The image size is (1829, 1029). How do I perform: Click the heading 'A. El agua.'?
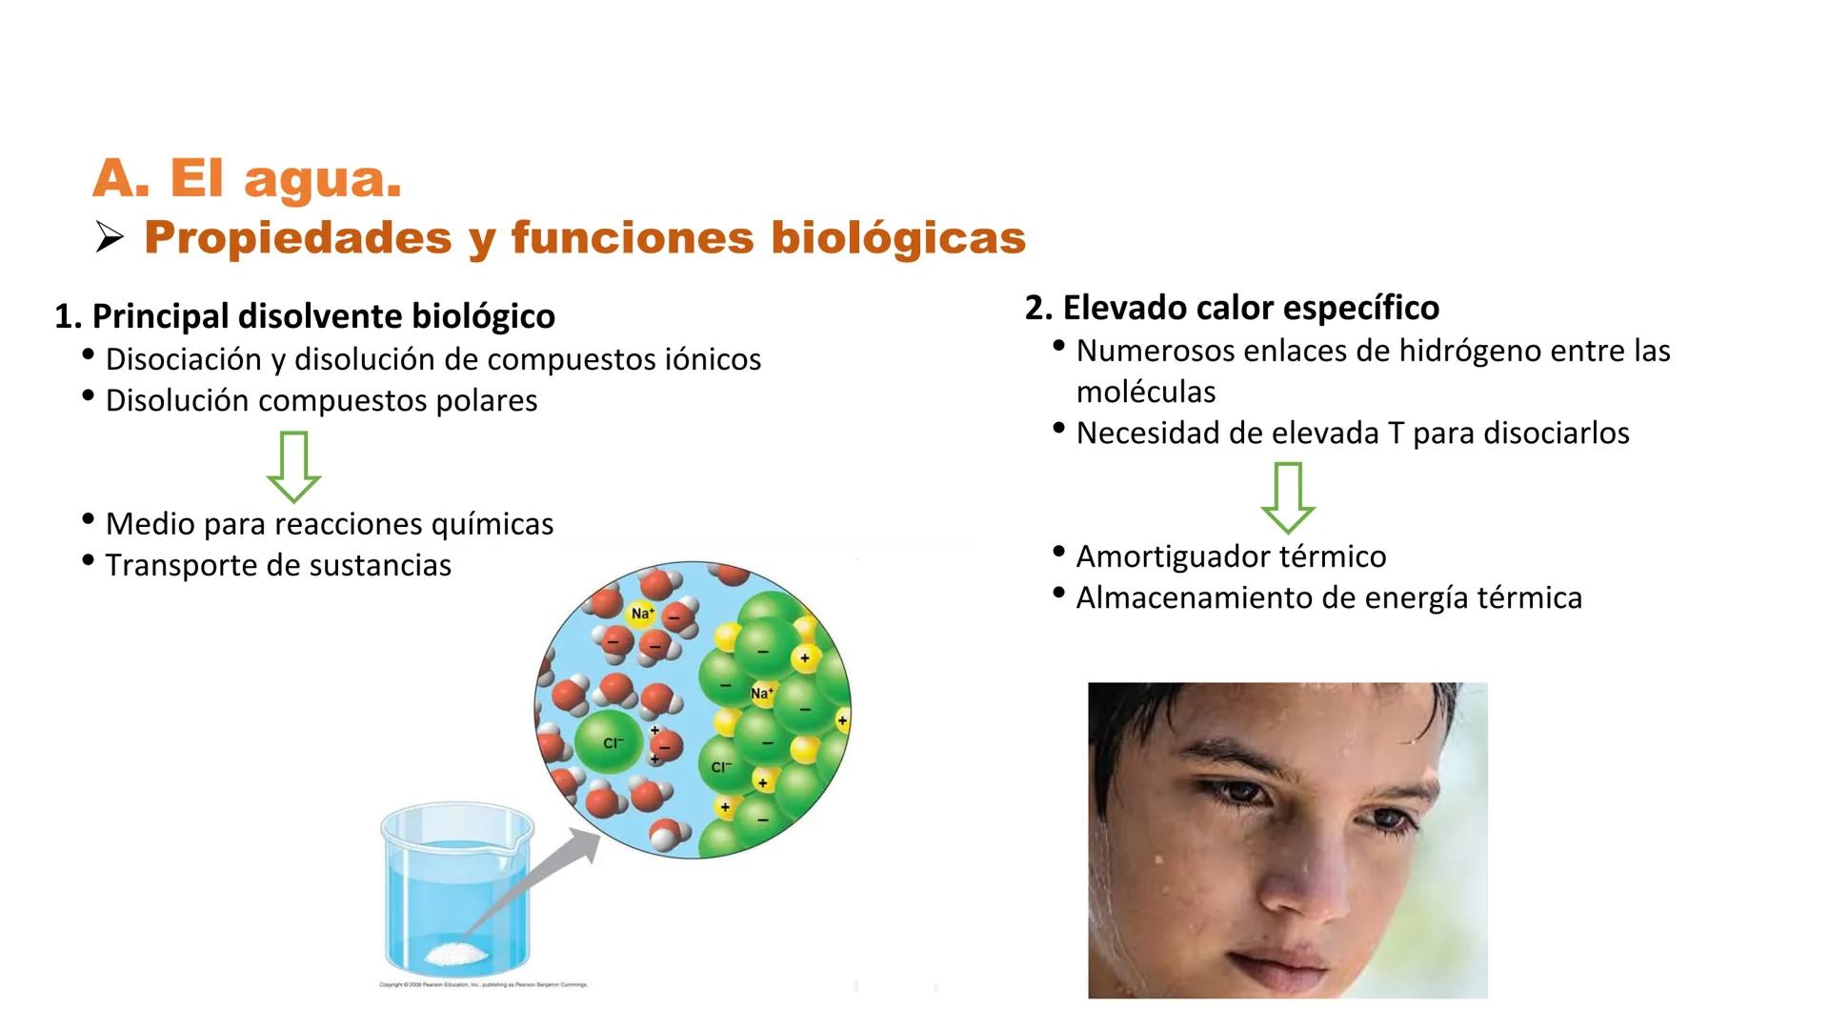(x=247, y=178)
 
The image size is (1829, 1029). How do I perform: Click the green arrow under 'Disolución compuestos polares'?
(x=293, y=466)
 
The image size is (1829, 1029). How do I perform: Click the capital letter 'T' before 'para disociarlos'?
(x=1396, y=434)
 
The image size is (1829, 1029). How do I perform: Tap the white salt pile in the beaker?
(x=456, y=952)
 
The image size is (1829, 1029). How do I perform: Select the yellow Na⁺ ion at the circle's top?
(x=642, y=614)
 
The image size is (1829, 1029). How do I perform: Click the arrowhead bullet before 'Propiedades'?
(x=110, y=239)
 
